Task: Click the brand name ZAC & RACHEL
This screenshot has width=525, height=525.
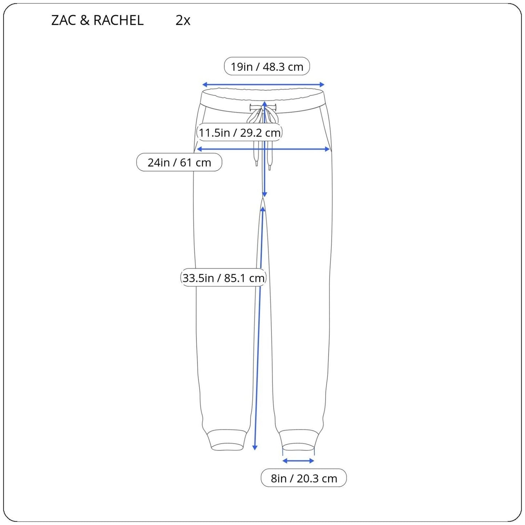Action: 97,20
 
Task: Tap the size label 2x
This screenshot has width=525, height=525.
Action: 183,20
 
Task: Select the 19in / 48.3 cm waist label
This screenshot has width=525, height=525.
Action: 267,66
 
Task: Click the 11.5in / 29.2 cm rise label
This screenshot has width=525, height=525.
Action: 239,133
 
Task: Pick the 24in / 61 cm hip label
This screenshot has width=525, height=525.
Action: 179,162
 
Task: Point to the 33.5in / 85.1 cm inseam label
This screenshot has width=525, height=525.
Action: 223,278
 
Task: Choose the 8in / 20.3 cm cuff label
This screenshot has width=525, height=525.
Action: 304,478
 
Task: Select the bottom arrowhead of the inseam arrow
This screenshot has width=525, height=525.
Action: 255,448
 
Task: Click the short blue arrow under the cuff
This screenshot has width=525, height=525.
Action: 298,461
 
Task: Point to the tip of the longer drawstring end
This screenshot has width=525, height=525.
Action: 269,167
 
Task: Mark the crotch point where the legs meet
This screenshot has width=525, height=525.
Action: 263,199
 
